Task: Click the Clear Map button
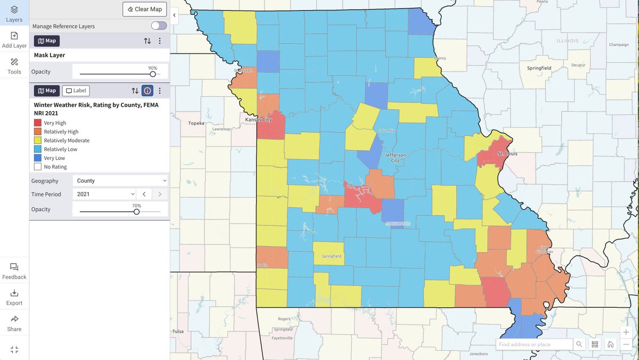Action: pos(145,9)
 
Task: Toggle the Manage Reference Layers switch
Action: pos(159,26)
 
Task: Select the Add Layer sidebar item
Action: pos(14,40)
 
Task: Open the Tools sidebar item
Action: pos(14,66)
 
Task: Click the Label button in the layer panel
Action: pos(76,91)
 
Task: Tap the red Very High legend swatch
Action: pos(38,123)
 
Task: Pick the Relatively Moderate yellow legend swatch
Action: pos(38,141)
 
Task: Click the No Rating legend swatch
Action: pos(38,167)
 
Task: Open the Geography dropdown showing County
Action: pos(120,181)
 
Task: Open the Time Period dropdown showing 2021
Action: pos(104,194)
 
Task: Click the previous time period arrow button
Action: pos(144,194)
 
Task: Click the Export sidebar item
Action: pos(14,297)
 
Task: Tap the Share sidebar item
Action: pos(14,323)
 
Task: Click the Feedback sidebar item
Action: pos(14,271)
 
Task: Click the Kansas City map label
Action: pos(258,120)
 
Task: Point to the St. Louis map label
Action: pos(507,153)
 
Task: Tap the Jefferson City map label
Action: pos(395,158)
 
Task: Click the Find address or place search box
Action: pos(534,345)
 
